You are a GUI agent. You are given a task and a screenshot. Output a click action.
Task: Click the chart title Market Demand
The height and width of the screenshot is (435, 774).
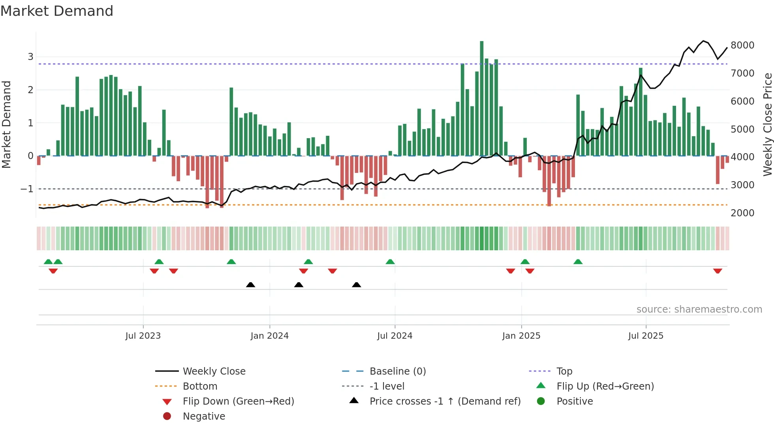click(x=57, y=11)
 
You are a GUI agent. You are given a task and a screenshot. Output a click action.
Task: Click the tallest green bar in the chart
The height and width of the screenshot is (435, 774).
click(x=481, y=99)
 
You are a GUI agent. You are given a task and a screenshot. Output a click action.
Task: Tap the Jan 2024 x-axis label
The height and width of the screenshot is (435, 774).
click(x=269, y=336)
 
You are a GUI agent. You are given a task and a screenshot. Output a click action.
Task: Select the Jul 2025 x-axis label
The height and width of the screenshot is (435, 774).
click(x=646, y=336)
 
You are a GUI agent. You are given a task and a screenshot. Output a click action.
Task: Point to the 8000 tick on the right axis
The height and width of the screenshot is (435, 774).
click(x=742, y=45)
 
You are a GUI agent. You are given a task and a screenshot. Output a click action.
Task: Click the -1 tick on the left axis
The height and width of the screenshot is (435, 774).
click(x=27, y=189)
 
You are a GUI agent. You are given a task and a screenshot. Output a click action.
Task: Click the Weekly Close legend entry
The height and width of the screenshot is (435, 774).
click(x=214, y=371)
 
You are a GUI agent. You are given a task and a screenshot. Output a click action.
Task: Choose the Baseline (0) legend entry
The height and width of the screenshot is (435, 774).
click(x=397, y=371)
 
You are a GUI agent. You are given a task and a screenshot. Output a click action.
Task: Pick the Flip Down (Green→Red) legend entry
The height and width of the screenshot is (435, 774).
click(x=238, y=401)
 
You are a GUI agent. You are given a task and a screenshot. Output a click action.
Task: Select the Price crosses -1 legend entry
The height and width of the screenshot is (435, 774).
click(x=445, y=401)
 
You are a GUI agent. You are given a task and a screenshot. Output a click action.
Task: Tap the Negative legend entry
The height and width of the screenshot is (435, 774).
click(x=204, y=416)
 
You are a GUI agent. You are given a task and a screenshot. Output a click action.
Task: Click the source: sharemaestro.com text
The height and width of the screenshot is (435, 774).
click(x=699, y=309)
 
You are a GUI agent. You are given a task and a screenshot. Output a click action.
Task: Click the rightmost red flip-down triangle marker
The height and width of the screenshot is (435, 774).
click(x=718, y=271)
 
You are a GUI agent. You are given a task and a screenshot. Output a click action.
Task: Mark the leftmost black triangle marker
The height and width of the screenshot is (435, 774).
click(x=250, y=285)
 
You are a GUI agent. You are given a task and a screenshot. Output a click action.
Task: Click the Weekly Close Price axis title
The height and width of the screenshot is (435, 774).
click(x=767, y=124)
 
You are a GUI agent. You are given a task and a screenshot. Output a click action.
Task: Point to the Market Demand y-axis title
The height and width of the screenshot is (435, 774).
click(x=6, y=124)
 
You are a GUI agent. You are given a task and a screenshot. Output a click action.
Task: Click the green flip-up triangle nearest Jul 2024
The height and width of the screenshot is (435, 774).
click(x=390, y=262)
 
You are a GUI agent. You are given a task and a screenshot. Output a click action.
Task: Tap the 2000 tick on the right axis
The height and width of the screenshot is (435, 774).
click(x=742, y=213)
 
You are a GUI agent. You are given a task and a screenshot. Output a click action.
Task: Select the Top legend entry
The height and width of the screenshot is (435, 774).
click(x=564, y=371)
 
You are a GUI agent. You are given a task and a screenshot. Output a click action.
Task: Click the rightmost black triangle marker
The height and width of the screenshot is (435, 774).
click(x=356, y=285)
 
